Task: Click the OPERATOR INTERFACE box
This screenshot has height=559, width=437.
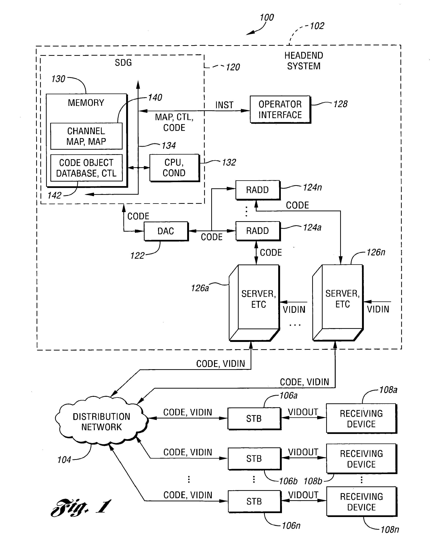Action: pyautogui.click(x=280, y=110)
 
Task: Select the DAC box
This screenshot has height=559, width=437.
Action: pyautogui.click(x=166, y=231)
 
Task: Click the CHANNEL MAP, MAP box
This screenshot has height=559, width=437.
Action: pyautogui.click(x=86, y=136)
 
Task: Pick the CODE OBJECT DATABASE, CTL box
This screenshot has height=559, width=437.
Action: pyautogui.click(x=86, y=168)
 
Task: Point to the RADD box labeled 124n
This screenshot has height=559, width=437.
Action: pyautogui.click(x=257, y=190)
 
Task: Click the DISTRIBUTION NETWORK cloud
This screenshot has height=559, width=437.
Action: pyautogui.click(x=101, y=422)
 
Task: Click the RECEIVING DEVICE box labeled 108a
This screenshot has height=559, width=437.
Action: pyautogui.click(x=361, y=418)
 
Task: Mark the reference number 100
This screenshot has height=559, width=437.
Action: pyautogui.click(x=267, y=17)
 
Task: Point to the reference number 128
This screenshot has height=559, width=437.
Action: pyautogui.click(x=340, y=104)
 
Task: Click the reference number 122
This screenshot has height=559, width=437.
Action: pyautogui.click(x=137, y=256)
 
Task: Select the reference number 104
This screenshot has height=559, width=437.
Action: pyautogui.click(x=64, y=460)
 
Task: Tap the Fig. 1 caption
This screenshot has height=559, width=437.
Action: pyautogui.click(x=81, y=507)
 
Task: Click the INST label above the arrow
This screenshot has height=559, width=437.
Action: pyautogui.click(x=224, y=105)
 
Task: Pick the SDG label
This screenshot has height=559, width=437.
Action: pyautogui.click(x=123, y=63)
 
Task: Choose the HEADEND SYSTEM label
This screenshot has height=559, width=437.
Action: pyautogui.click(x=304, y=61)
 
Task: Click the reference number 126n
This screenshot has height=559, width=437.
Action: pyautogui.click(x=376, y=252)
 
